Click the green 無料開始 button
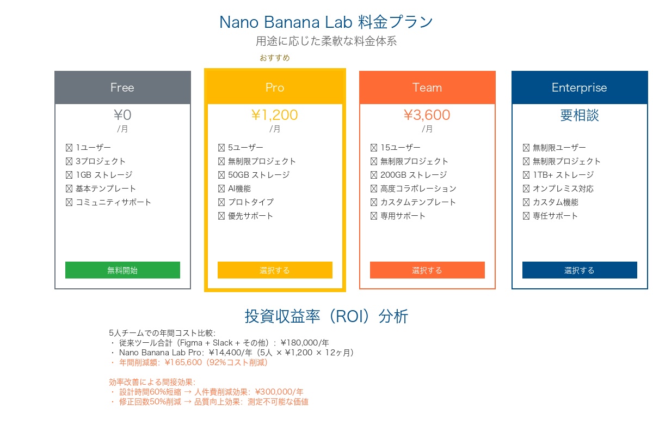[122, 270]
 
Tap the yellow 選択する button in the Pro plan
[275, 270]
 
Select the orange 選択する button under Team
[427, 270]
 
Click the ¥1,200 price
[275, 115]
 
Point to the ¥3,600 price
[427, 115]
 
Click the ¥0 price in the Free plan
[123, 115]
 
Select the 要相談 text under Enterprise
[580, 115]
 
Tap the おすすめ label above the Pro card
[275, 58]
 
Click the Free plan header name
[122, 88]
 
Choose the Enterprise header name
[580, 88]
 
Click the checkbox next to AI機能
[221, 189]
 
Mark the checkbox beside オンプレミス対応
[526, 189]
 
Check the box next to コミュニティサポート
[69, 202]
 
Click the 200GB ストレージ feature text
[414, 175]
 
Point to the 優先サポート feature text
[250, 216]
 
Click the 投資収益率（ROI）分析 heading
[326, 316]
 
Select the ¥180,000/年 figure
[305, 343]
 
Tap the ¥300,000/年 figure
[279, 392]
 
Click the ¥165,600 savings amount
[183, 362]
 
